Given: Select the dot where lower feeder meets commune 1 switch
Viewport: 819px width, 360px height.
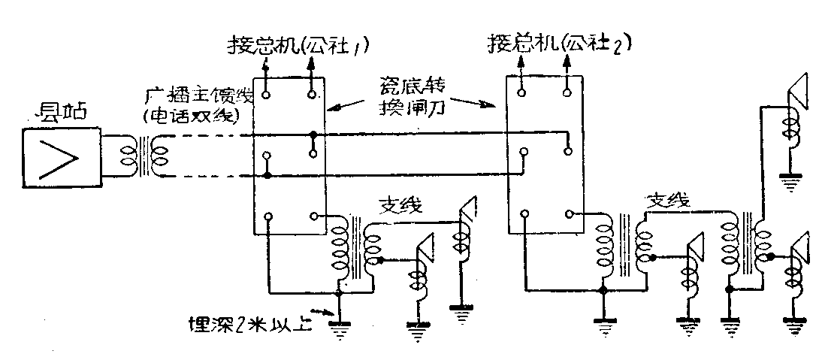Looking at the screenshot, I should [x=268, y=177].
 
